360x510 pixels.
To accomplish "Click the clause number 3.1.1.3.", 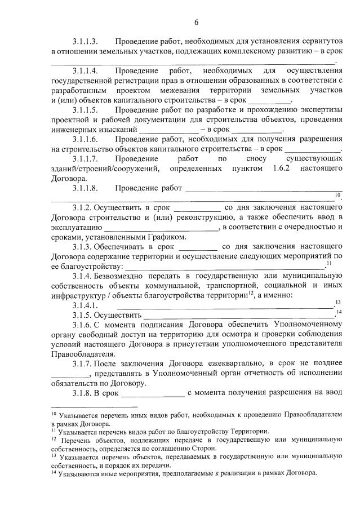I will pos(86,42).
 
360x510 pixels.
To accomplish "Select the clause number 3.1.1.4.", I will pos(86,71).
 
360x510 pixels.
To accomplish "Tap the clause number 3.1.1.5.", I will pos(86,110).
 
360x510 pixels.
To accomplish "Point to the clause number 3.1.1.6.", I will pos(86,139).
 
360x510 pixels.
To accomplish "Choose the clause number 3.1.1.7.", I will pos(86,159).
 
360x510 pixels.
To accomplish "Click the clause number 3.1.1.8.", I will pos(86,188).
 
